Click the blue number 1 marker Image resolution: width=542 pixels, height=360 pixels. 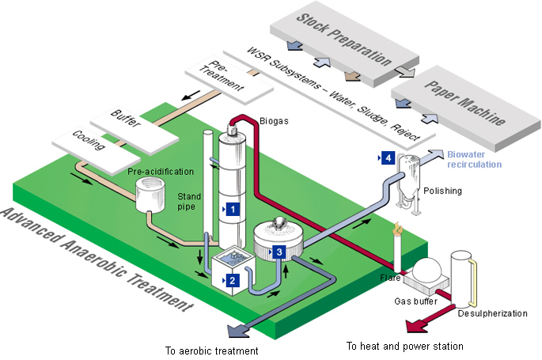pos(233,210)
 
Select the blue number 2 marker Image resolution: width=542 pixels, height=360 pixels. pos(232,279)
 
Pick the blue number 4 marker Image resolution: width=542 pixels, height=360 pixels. pos(387,158)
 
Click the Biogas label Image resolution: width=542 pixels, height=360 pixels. pos(274,121)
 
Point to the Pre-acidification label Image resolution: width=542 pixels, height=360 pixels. pos(160,171)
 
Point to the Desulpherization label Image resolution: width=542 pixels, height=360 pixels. pos(492,313)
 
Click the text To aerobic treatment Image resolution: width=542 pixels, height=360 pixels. pos(211,350)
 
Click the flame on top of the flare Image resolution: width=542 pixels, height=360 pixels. pos(399,229)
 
